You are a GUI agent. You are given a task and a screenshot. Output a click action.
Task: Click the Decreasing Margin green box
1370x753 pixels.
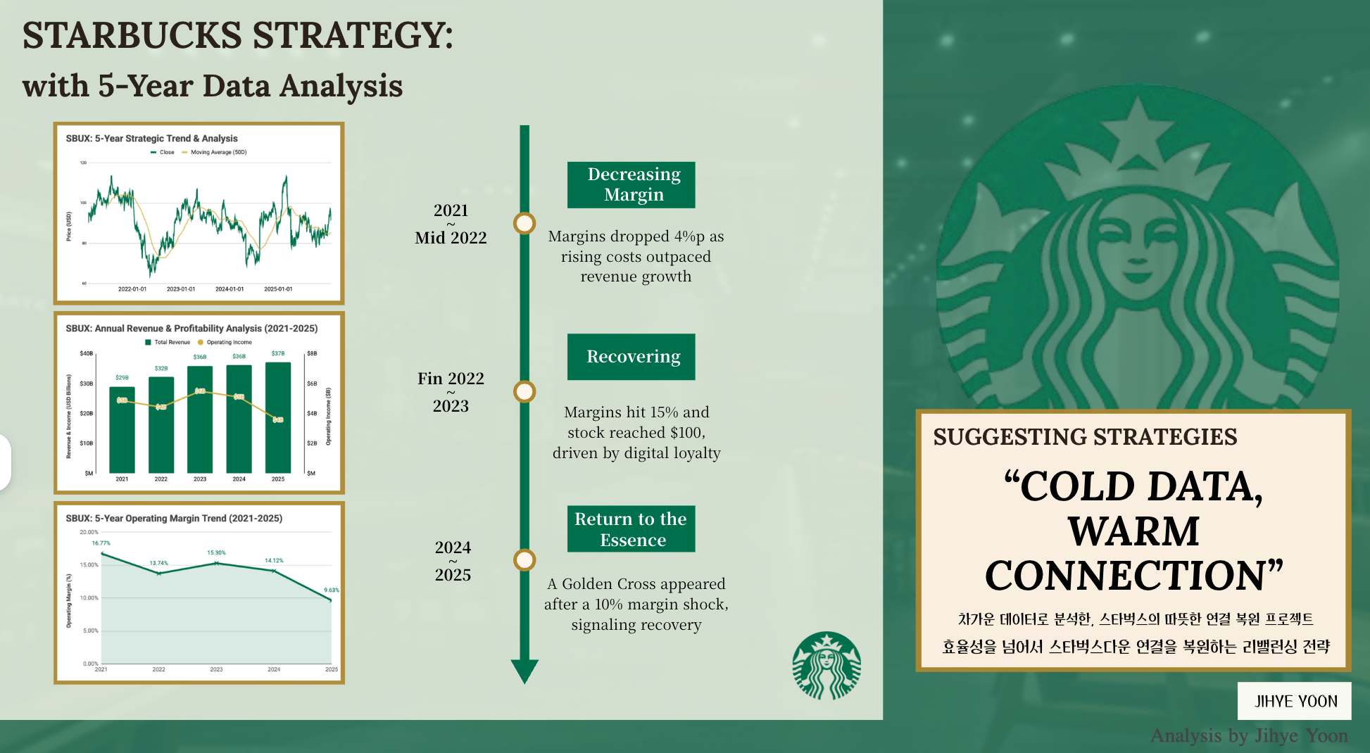pyautogui.click(x=631, y=184)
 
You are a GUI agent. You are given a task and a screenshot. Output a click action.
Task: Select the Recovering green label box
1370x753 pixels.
pyautogui.click(x=631, y=357)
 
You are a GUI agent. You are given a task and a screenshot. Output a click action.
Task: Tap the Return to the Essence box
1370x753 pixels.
pyautogui.click(x=631, y=529)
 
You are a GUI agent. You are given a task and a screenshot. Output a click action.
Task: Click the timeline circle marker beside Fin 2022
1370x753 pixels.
pyautogui.click(x=524, y=391)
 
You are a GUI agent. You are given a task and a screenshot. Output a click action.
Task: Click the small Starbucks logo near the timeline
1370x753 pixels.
pyautogui.click(x=826, y=666)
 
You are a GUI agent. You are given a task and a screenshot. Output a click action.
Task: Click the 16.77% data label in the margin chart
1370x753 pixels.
pyautogui.click(x=101, y=543)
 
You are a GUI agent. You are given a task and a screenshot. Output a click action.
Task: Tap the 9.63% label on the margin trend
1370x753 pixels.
pyautogui.click(x=331, y=590)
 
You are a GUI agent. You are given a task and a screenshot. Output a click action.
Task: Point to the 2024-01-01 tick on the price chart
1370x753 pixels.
pyautogui.click(x=230, y=289)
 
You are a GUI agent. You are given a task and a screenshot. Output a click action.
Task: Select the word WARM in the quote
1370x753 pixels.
pyautogui.click(x=1133, y=531)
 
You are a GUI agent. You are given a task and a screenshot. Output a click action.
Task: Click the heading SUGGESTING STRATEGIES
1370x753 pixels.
pyautogui.click(x=1084, y=437)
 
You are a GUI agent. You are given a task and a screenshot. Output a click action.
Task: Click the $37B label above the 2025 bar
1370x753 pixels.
pyautogui.click(x=278, y=353)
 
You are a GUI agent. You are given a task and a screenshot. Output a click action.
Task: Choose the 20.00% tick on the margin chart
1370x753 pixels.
pyautogui.click(x=89, y=532)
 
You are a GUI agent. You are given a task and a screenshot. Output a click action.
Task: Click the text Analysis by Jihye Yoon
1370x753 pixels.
pyautogui.click(x=1248, y=735)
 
